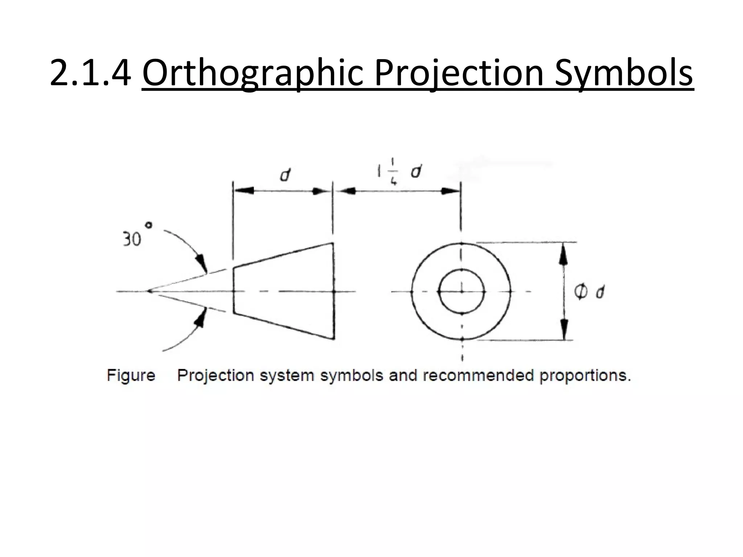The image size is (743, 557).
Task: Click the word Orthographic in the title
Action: click(x=253, y=73)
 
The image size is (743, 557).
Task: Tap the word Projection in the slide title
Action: click(x=459, y=73)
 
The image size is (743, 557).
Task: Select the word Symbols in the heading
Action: click(x=624, y=73)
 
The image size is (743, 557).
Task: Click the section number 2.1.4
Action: click(x=90, y=73)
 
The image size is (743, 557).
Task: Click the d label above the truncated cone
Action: click(x=285, y=176)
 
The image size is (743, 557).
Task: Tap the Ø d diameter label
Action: click(x=589, y=292)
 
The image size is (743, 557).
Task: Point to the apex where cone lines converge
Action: click(x=149, y=291)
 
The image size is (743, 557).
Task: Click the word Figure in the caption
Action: click(x=131, y=375)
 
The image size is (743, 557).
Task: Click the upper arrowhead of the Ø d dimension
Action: click(x=563, y=254)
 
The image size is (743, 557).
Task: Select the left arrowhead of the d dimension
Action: click(x=243, y=190)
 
